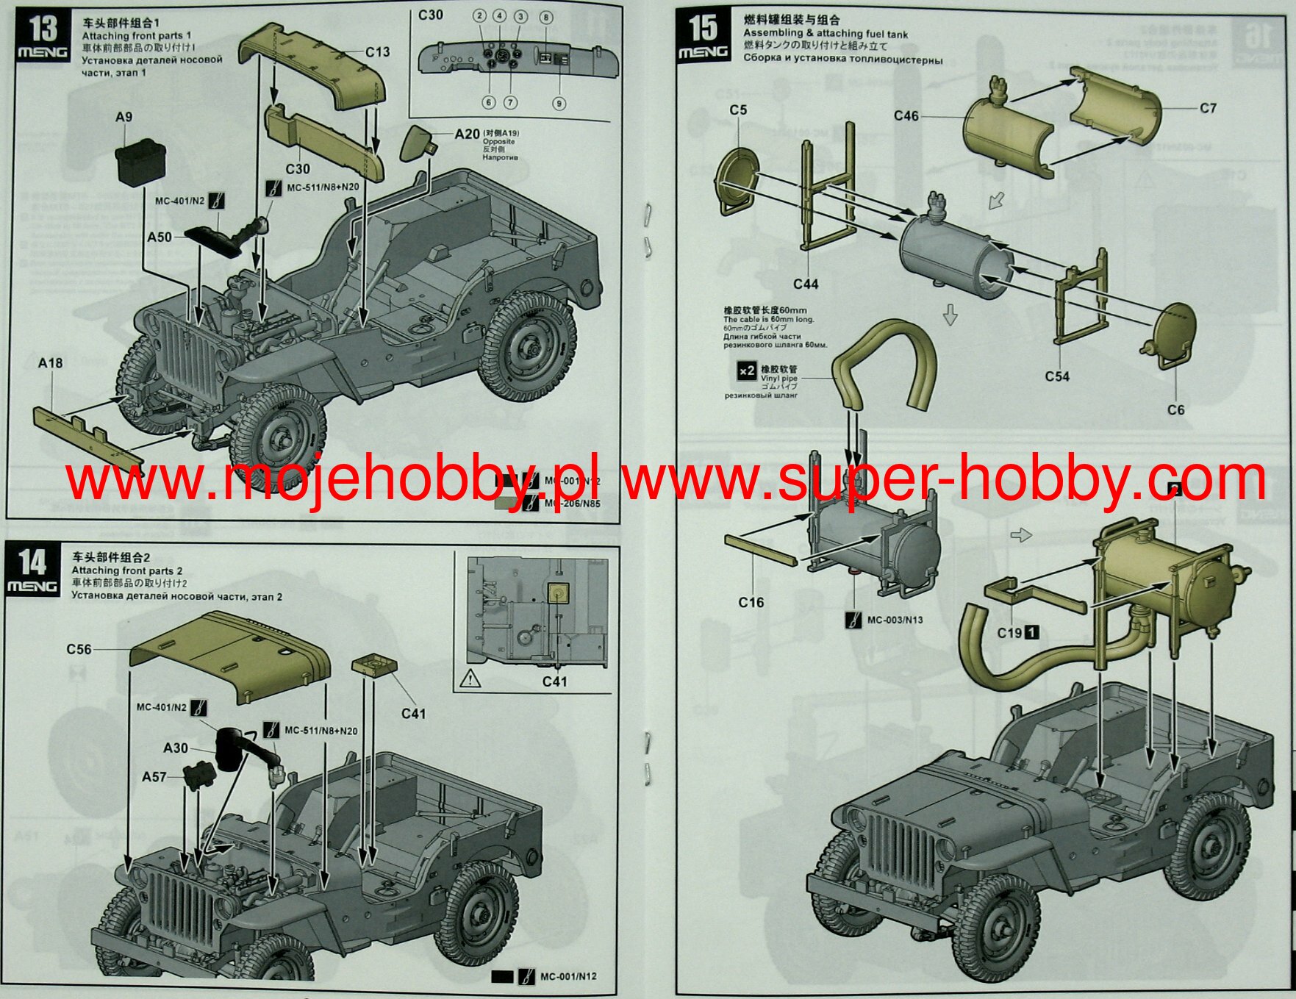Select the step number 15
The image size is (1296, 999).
click(x=702, y=27)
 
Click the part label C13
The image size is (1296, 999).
click(x=377, y=52)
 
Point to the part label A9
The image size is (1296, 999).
click(x=123, y=117)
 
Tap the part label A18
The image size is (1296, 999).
click(x=50, y=362)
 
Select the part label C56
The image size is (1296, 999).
click(x=79, y=649)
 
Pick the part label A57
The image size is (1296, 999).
click(x=154, y=777)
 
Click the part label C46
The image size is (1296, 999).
click(x=906, y=115)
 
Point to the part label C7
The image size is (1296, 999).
click(x=1208, y=109)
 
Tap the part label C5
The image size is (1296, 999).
click(x=738, y=110)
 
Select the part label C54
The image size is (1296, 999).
click(x=1057, y=376)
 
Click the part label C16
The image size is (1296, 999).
click(x=751, y=602)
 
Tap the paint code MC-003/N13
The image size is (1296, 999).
click(x=895, y=620)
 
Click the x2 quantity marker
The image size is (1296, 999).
click(x=746, y=370)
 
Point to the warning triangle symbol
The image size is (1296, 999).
click(x=470, y=678)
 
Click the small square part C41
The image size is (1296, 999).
click(x=375, y=666)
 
